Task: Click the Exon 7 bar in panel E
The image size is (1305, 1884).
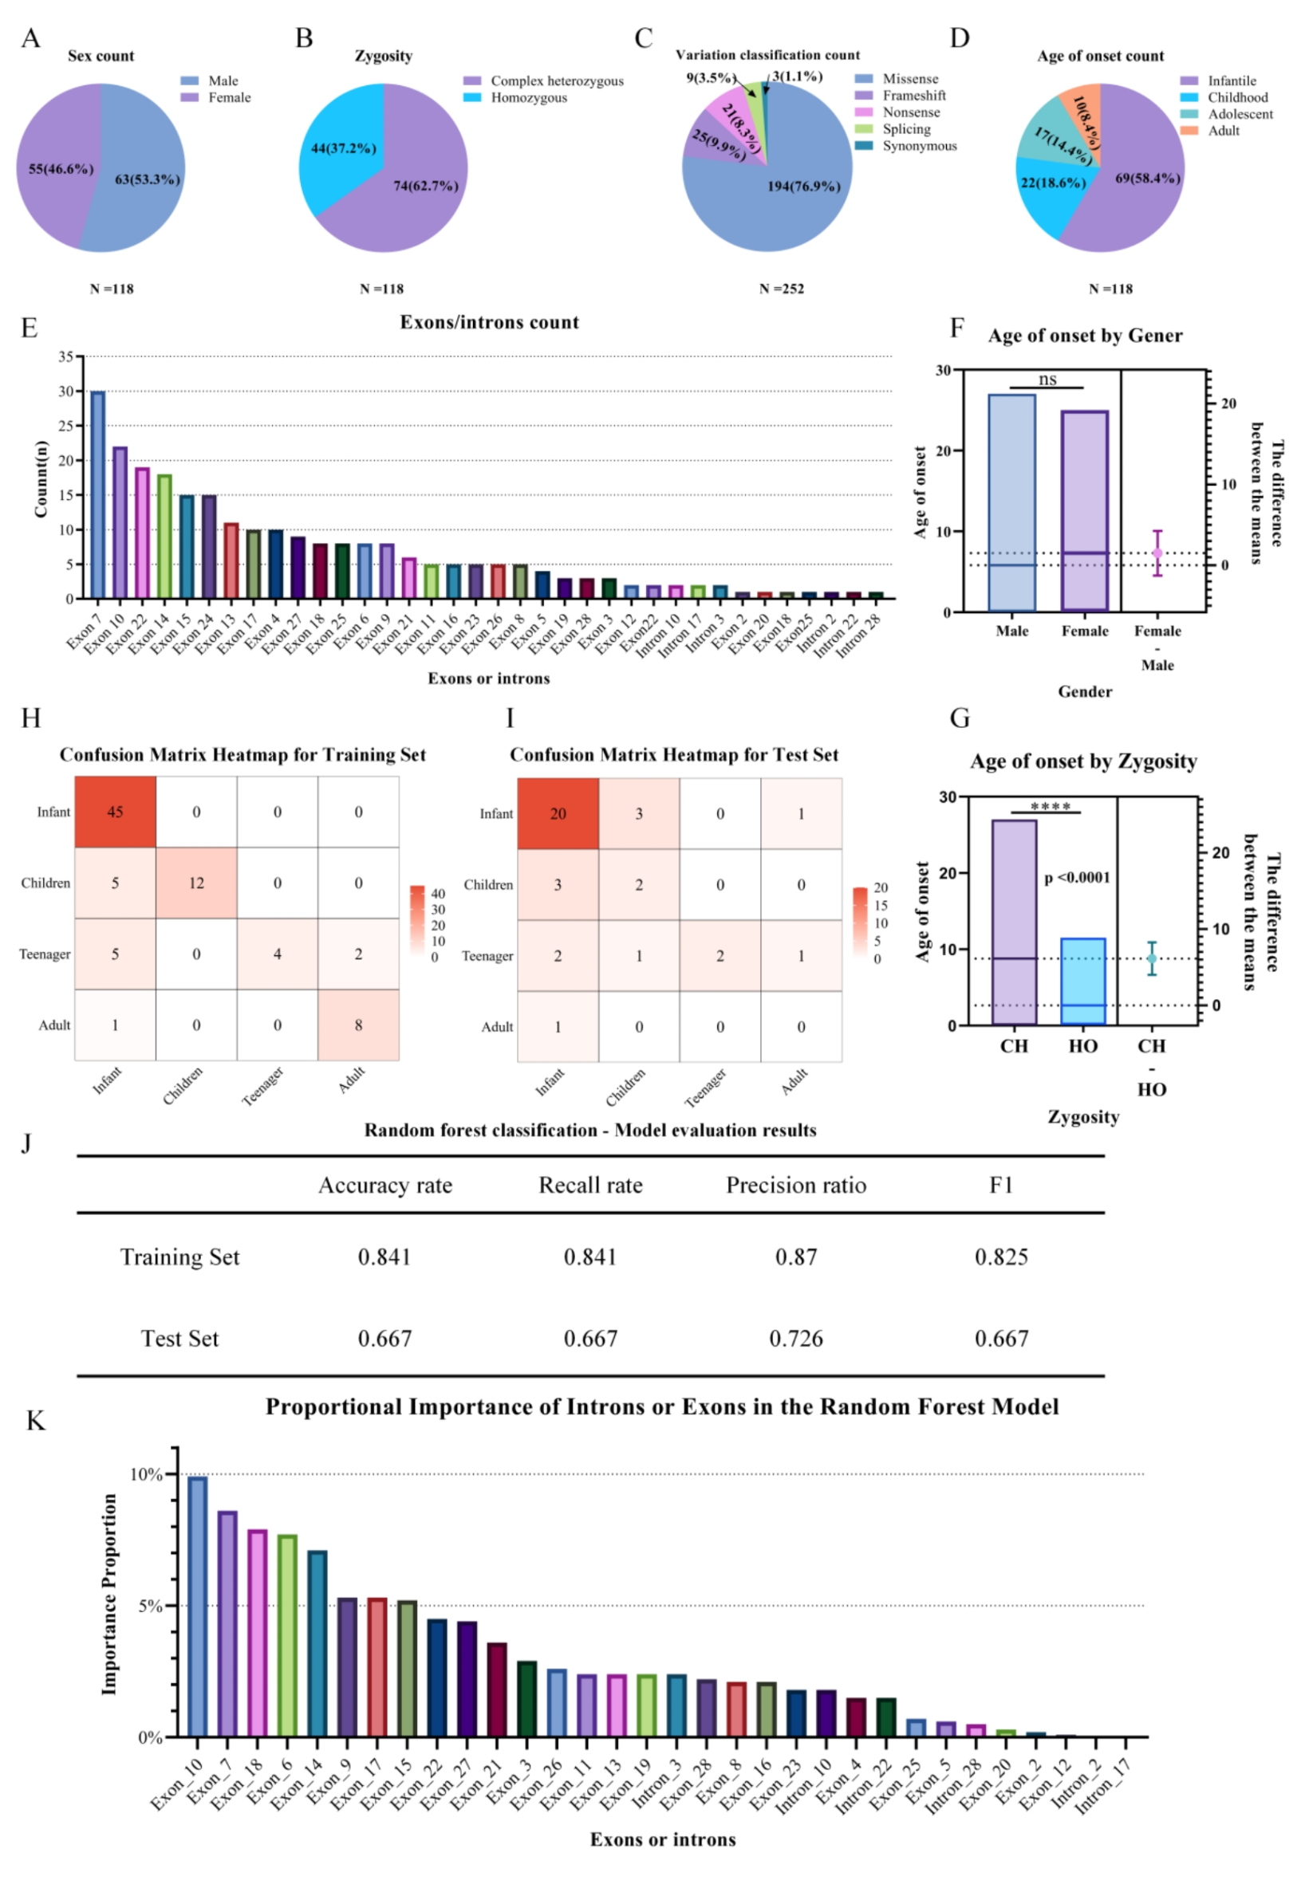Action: click(x=97, y=494)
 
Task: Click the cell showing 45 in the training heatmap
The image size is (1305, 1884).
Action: click(x=116, y=812)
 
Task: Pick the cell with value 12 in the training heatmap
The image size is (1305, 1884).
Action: click(x=196, y=883)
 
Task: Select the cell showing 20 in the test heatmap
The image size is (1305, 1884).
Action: click(x=558, y=813)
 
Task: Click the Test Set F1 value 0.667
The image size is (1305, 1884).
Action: click(x=1001, y=1338)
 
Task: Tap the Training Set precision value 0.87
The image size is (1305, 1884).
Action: click(x=795, y=1257)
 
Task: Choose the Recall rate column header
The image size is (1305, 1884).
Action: click(x=590, y=1185)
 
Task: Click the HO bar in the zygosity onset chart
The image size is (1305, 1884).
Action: click(x=1082, y=981)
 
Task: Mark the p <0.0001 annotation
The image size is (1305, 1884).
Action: click(x=1077, y=878)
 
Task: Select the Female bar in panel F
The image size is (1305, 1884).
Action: click(x=1084, y=511)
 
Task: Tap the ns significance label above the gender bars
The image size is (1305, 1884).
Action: click(x=1047, y=380)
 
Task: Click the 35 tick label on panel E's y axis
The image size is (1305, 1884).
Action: click(x=65, y=356)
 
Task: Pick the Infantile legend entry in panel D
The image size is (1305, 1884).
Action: click(x=1218, y=81)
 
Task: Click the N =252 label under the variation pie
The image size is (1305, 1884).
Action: click(x=781, y=289)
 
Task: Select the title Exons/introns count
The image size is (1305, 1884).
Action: click(x=489, y=322)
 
